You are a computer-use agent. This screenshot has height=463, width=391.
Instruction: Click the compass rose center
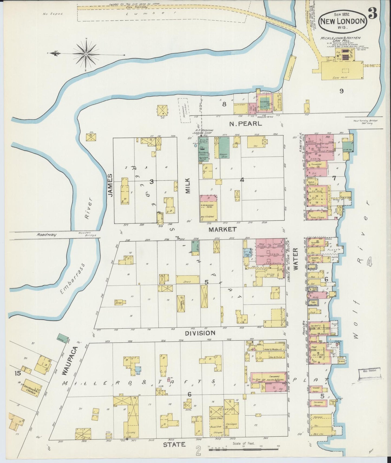tap(86, 54)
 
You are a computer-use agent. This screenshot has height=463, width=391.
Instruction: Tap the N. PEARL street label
tap(245, 124)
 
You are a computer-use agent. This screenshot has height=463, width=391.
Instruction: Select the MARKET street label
tap(222, 229)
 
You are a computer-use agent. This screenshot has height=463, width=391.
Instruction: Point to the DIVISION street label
tap(200, 333)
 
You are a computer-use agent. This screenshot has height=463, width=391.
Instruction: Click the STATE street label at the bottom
tap(174, 444)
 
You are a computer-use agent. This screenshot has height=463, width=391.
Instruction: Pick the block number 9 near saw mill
tap(341, 91)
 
